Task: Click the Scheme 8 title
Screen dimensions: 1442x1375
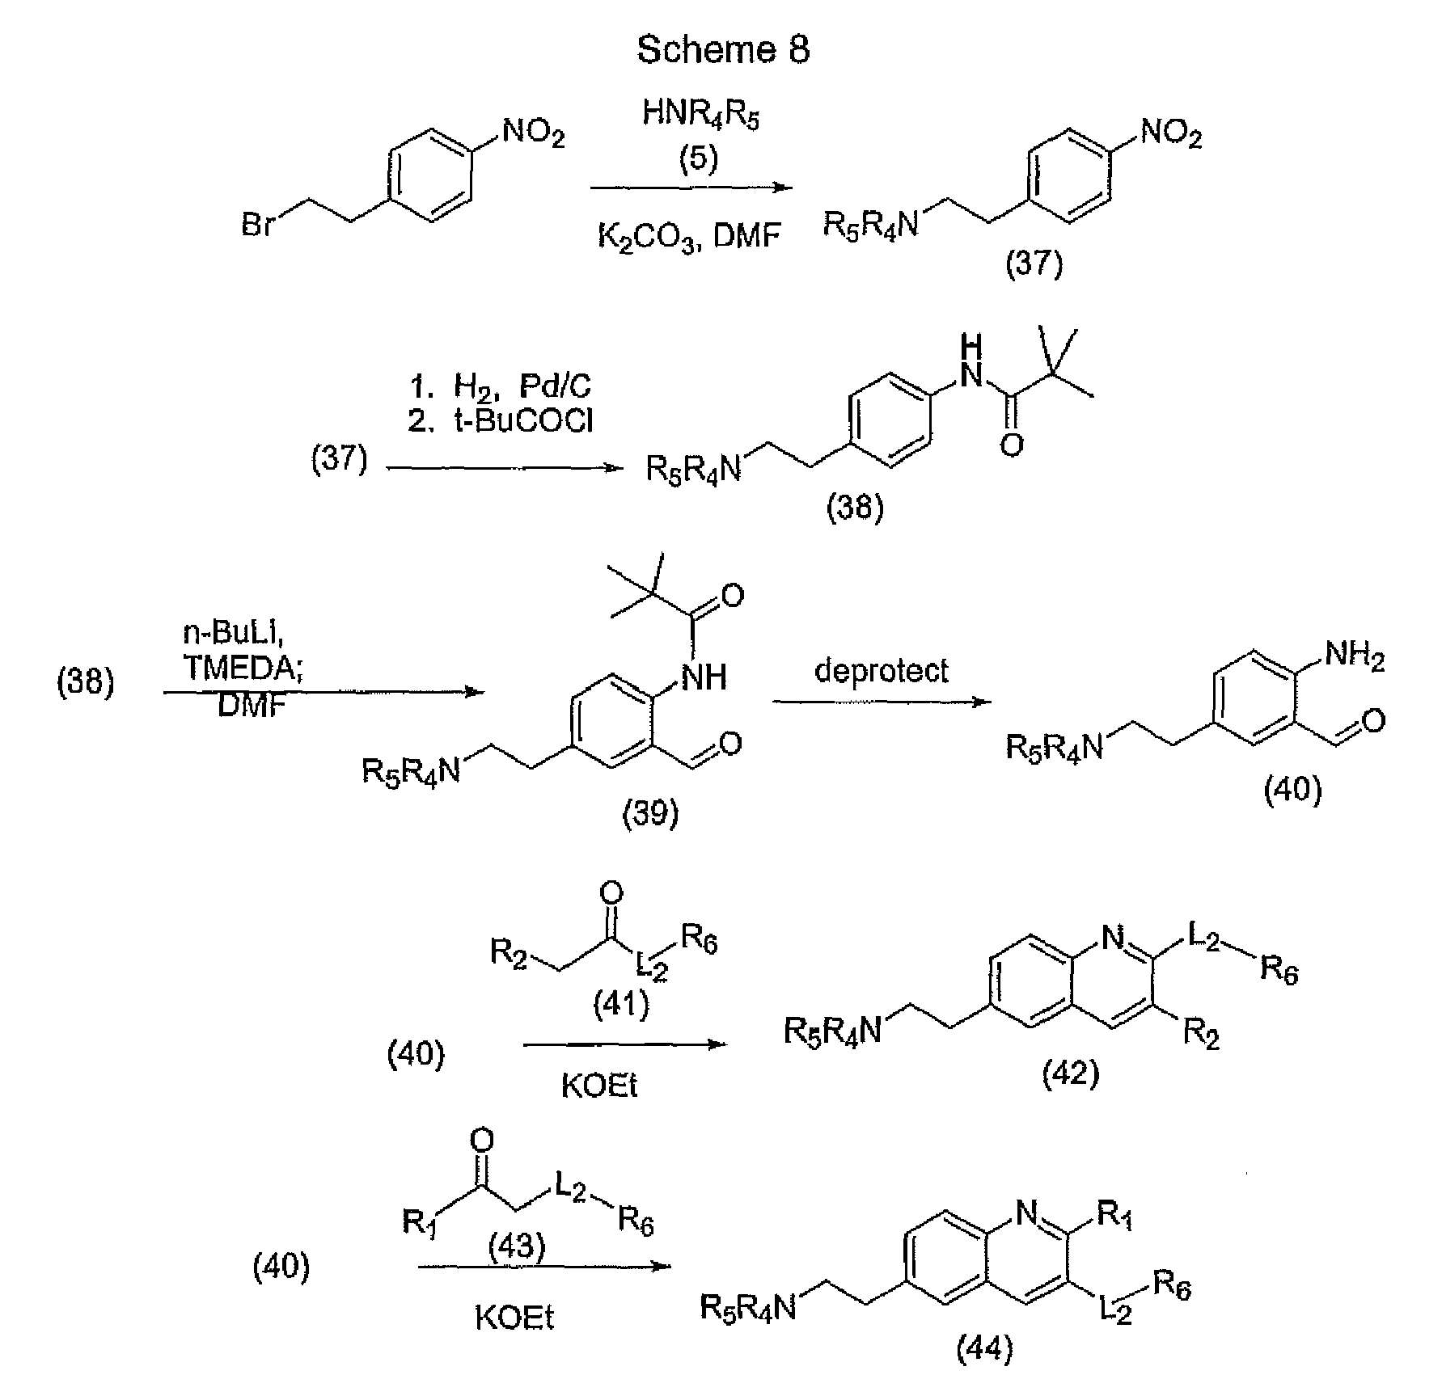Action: (722, 50)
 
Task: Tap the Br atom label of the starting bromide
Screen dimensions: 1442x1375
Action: (257, 224)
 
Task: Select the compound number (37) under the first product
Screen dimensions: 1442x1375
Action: (1033, 264)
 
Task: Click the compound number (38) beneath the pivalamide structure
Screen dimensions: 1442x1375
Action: (855, 508)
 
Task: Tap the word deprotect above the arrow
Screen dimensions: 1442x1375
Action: (880, 671)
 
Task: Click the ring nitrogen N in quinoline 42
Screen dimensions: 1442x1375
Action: (1113, 940)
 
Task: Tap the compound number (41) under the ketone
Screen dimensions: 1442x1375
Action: (621, 1006)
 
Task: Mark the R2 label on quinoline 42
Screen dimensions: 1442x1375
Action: (1200, 1034)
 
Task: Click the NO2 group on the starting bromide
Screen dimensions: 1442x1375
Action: (534, 132)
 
